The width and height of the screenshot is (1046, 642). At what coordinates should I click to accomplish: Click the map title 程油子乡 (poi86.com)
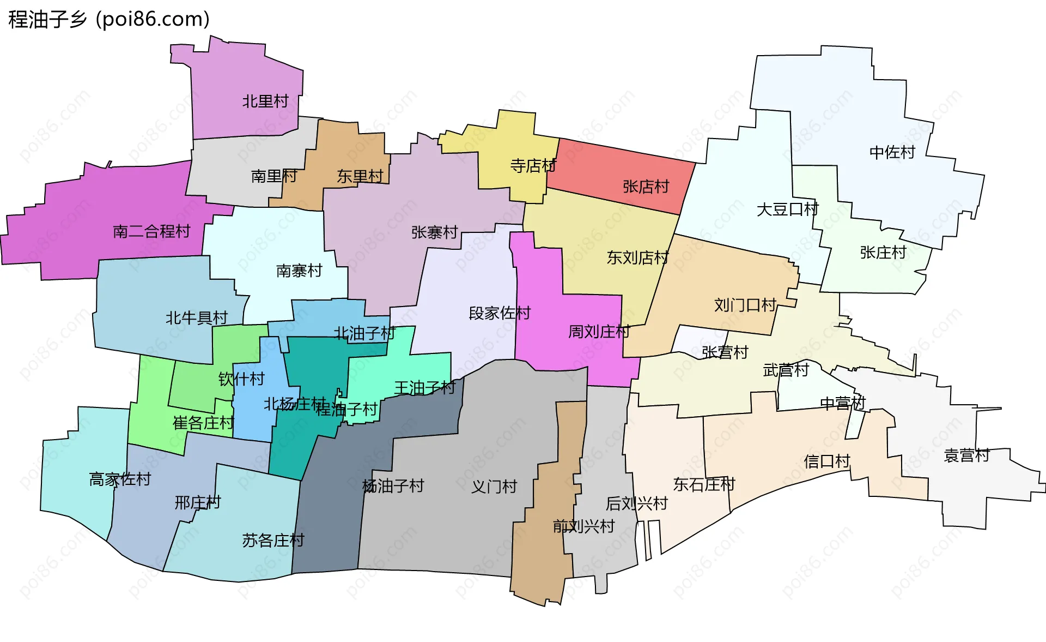point(109,20)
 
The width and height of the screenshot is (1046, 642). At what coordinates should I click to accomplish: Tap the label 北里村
point(265,101)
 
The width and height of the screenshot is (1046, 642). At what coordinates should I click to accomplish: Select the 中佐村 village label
point(892,152)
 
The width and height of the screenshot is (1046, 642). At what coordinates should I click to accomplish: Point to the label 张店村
point(646,187)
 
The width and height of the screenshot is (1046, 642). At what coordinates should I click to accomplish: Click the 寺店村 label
point(533,166)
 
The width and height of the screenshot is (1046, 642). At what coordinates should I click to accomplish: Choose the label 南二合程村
point(151,232)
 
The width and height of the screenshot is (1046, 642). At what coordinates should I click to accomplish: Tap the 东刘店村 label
point(637,257)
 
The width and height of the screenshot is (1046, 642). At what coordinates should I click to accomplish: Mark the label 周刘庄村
point(599,332)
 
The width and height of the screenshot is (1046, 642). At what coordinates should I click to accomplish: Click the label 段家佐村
point(500,313)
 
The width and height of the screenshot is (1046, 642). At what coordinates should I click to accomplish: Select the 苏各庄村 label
point(273,541)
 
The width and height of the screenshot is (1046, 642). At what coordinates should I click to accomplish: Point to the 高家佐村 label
point(120,479)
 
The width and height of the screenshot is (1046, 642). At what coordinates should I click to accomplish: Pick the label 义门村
point(494,487)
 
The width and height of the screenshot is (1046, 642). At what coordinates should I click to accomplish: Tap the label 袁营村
point(966,455)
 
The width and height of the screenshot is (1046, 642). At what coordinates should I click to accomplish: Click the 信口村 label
point(826,461)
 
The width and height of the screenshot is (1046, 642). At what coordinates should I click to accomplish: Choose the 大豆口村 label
point(787,209)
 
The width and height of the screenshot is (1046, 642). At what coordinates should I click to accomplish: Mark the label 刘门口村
point(745,305)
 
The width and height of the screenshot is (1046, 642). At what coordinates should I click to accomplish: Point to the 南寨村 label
point(299,271)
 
